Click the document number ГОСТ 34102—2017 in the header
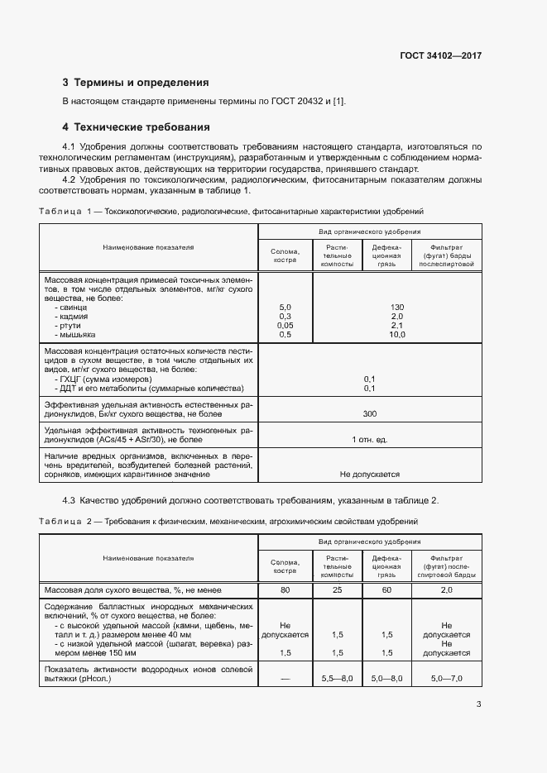point(440,56)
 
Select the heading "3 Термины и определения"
point(136,83)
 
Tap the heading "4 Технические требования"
point(136,127)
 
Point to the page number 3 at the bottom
point(479,704)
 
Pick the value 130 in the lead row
point(373,307)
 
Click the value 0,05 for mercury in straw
point(285,325)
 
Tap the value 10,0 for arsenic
point(373,334)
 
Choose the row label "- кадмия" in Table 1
point(75,316)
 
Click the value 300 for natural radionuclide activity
point(370,413)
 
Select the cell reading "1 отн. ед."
point(370,439)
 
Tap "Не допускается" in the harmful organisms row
point(370,475)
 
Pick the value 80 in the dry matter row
point(285,590)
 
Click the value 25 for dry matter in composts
point(337,590)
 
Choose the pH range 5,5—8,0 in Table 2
point(337,678)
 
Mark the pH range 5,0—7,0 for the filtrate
point(446,678)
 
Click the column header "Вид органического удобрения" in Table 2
point(370,541)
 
